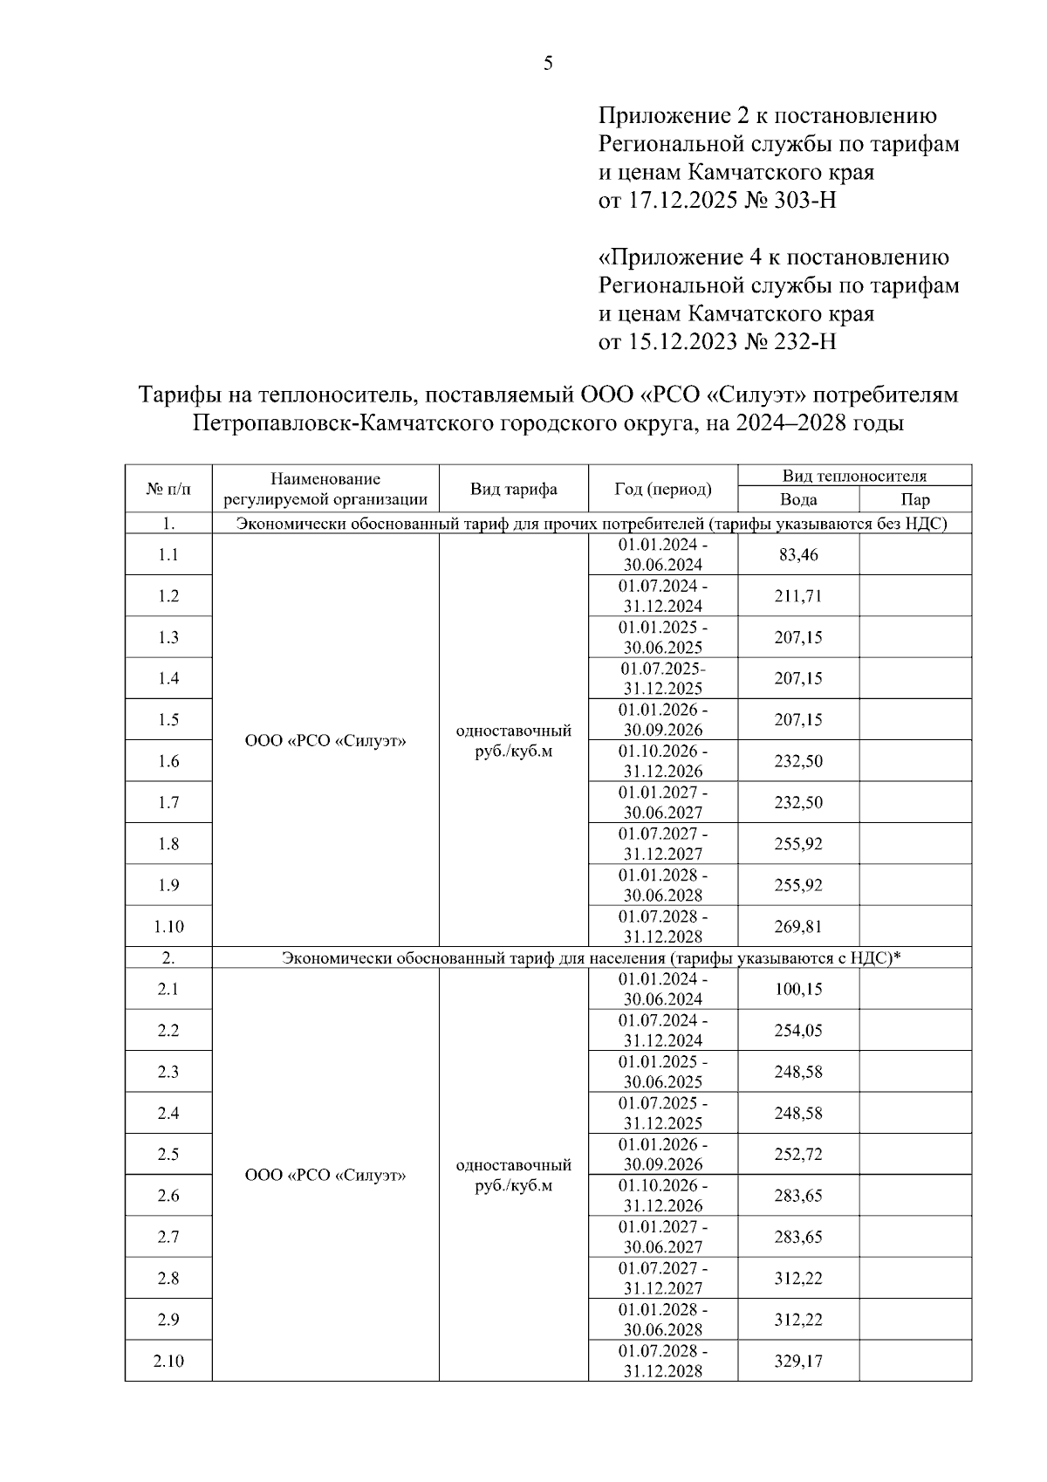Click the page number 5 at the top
click(548, 63)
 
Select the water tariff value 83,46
click(797, 555)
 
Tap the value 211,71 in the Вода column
click(797, 596)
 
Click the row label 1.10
click(168, 926)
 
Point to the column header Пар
click(914, 500)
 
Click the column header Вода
click(797, 500)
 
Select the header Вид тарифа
click(513, 489)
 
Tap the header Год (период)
click(662, 489)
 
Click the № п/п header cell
click(168, 489)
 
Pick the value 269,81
click(797, 926)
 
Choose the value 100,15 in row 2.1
click(797, 989)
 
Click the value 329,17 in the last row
click(797, 1361)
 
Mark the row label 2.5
click(168, 1154)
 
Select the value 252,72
click(797, 1154)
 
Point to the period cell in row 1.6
click(662, 761)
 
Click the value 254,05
click(797, 1030)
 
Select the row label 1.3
click(168, 637)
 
